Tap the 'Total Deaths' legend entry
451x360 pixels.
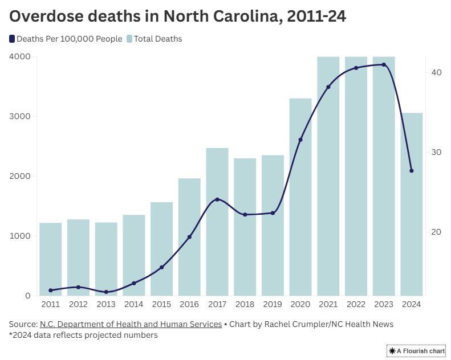pos(157,39)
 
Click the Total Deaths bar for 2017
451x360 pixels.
pos(217,222)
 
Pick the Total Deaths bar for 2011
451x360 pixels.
pos(50,259)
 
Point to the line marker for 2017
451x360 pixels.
pos(217,199)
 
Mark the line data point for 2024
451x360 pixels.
pos(412,171)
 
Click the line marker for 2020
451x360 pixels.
pos(300,140)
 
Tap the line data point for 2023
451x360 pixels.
pos(384,65)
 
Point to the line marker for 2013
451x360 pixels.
pos(106,292)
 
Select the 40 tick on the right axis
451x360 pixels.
pos(437,72)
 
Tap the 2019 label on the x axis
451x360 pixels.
pos(273,304)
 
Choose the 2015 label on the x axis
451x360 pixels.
pos(161,304)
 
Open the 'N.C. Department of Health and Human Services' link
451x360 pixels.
pos(131,324)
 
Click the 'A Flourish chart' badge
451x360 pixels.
pos(417,351)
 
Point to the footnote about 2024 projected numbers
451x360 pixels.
pos(83,335)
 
